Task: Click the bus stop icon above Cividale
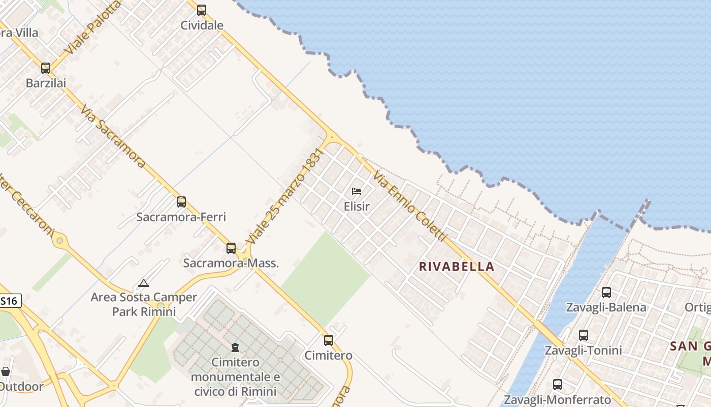point(202,10)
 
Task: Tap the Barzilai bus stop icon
point(46,68)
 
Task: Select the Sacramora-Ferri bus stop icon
point(181,202)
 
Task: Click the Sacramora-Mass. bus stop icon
point(231,248)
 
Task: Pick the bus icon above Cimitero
point(329,340)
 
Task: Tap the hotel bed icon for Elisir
point(357,191)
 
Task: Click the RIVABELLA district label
point(457,267)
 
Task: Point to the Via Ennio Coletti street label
point(409,207)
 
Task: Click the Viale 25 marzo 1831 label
point(285,195)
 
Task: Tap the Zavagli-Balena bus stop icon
point(606,293)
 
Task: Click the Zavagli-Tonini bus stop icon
point(583,335)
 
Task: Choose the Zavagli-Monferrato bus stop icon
point(557,385)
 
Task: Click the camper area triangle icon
point(144,283)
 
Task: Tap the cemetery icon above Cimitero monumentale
point(235,347)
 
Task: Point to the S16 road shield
point(10,301)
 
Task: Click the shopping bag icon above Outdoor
point(6,371)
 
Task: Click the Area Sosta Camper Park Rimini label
point(144,304)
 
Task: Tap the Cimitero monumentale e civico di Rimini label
point(235,377)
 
